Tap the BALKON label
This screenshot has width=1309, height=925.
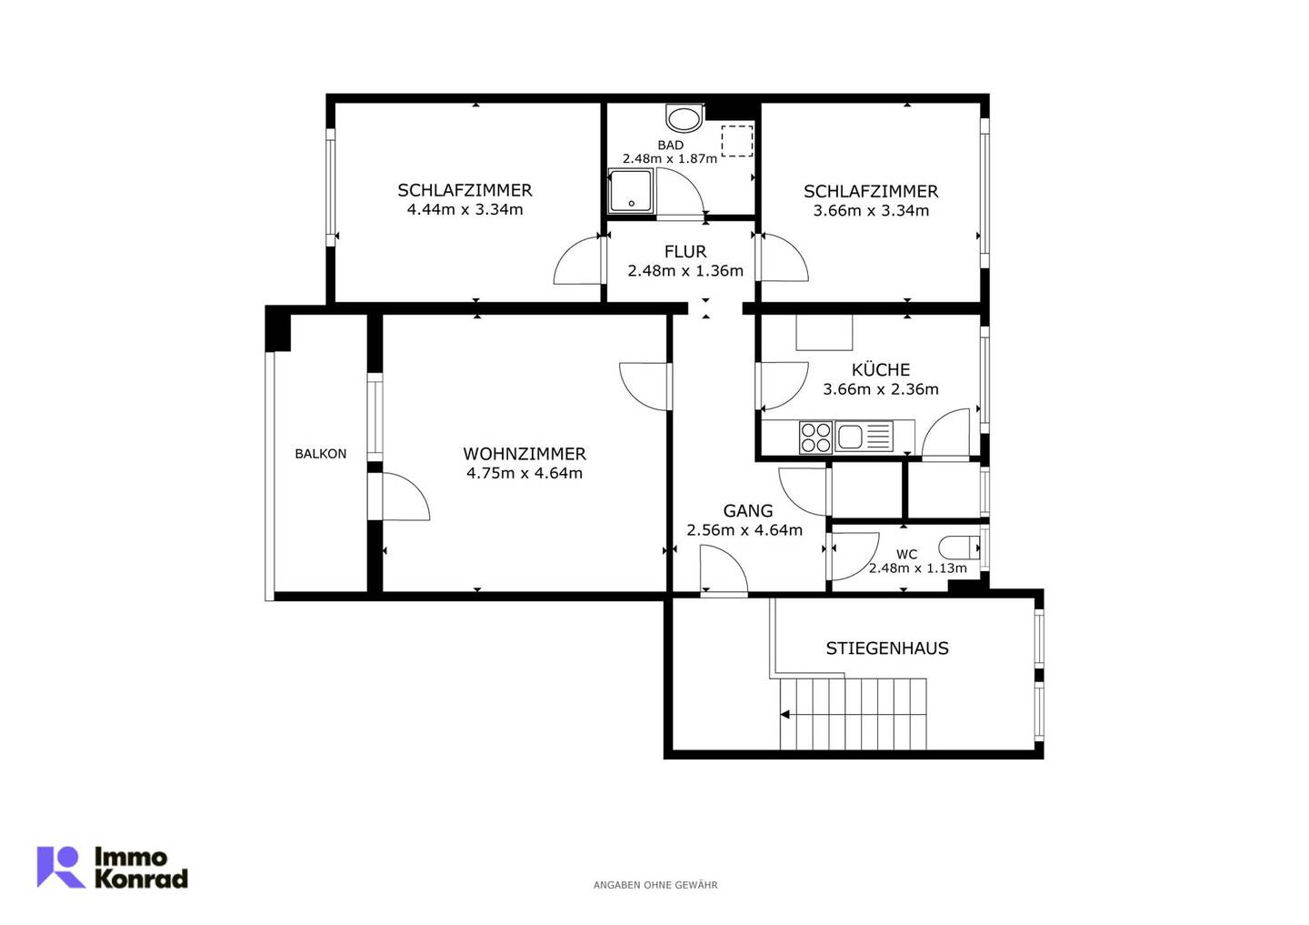click(320, 454)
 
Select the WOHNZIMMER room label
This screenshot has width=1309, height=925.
click(525, 454)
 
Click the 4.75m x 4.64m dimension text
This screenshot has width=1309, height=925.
click(525, 473)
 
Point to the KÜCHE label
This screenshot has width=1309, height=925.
click(881, 369)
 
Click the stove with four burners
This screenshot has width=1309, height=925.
click(816, 437)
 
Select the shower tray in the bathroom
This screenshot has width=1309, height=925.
click(630, 191)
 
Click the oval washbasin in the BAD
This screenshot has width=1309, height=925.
click(684, 119)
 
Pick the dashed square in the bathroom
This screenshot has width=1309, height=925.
click(737, 141)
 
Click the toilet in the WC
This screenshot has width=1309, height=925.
click(959, 548)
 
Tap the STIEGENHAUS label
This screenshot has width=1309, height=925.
click(887, 649)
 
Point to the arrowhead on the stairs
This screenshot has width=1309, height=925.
click(784, 715)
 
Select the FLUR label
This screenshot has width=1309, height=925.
click(685, 251)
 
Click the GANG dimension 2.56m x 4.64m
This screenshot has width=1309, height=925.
click(744, 530)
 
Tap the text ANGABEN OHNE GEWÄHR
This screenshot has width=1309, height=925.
click(655, 885)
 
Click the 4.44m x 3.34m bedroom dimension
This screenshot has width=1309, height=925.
click(465, 209)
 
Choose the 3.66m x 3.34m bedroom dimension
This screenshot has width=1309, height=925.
click(871, 210)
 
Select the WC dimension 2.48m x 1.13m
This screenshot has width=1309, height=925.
click(917, 568)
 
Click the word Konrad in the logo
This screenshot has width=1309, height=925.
click(141, 879)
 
